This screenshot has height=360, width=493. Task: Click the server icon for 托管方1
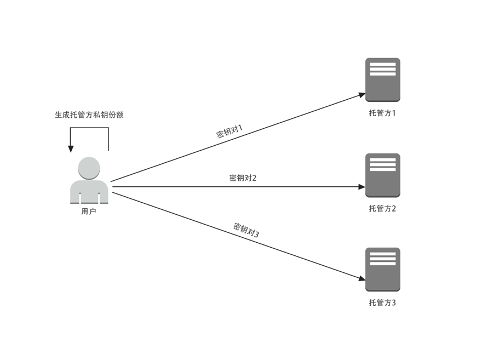[x=383, y=80]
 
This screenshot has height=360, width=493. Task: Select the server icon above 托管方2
[x=383, y=175]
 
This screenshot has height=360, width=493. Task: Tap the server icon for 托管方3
[x=383, y=270]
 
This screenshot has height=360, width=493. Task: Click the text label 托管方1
[x=382, y=113]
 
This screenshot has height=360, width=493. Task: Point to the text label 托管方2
[x=382, y=208]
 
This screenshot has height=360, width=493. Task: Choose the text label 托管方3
[x=382, y=302]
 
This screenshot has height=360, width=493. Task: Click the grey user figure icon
[x=89, y=181]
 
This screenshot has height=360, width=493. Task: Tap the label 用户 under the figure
[x=89, y=212]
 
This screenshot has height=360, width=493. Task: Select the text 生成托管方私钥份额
[x=89, y=115]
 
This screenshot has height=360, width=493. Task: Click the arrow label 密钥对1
[x=230, y=132]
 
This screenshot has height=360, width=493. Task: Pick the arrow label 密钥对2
[x=243, y=178]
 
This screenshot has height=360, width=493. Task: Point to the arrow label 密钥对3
[x=246, y=230]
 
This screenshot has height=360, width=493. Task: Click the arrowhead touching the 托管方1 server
[x=362, y=95]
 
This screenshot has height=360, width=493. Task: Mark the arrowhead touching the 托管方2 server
[x=362, y=187]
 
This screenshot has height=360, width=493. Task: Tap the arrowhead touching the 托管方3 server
[x=362, y=279]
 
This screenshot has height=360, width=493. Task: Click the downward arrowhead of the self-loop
[x=71, y=148]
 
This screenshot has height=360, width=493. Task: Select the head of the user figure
[x=89, y=168]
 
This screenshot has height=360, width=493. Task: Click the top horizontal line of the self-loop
[x=89, y=128]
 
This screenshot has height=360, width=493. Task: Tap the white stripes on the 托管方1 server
[x=383, y=69]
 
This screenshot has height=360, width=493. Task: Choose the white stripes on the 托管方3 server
[x=383, y=259]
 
